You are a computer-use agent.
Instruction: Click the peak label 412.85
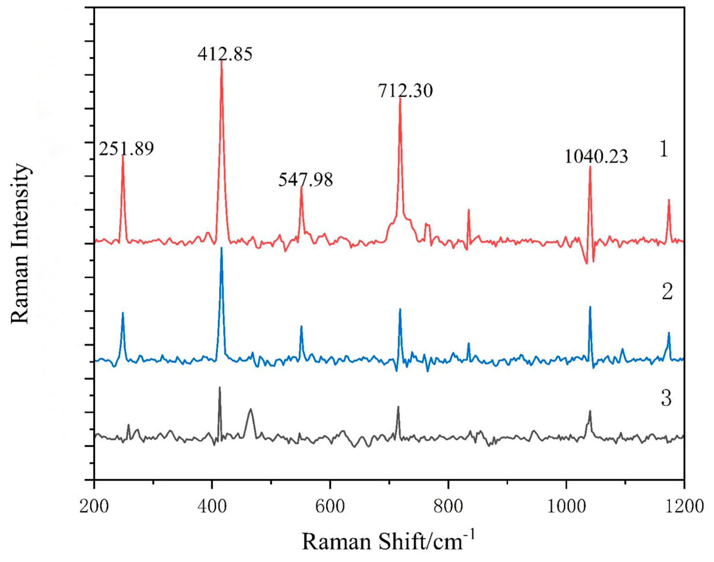(x=225, y=54)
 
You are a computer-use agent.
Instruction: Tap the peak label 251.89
(x=126, y=149)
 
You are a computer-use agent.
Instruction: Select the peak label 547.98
(x=306, y=180)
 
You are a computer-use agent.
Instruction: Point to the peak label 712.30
(x=405, y=91)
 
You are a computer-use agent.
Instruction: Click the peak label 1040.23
(x=596, y=157)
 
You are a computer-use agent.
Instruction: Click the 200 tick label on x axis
(x=94, y=506)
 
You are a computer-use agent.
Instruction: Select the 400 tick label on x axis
(x=212, y=506)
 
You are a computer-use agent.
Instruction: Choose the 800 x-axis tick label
(x=448, y=506)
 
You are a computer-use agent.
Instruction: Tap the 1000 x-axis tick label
(x=566, y=506)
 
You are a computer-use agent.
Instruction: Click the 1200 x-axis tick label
(x=684, y=506)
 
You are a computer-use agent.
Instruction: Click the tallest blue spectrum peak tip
(x=221, y=248)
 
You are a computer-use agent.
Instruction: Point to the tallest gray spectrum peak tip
(x=219, y=387)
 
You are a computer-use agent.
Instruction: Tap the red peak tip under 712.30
(x=400, y=98)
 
